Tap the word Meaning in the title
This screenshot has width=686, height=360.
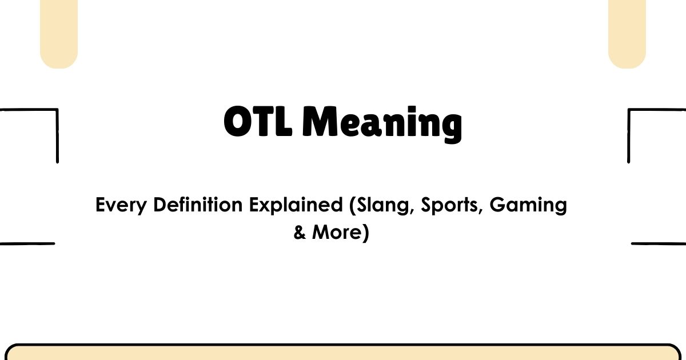click(381, 124)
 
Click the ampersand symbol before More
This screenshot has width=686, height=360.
click(300, 233)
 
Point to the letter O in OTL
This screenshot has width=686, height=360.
click(238, 122)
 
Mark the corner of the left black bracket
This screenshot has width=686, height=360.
click(57, 110)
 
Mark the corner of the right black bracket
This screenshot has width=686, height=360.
click(629, 110)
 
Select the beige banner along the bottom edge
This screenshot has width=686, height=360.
click(343, 353)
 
